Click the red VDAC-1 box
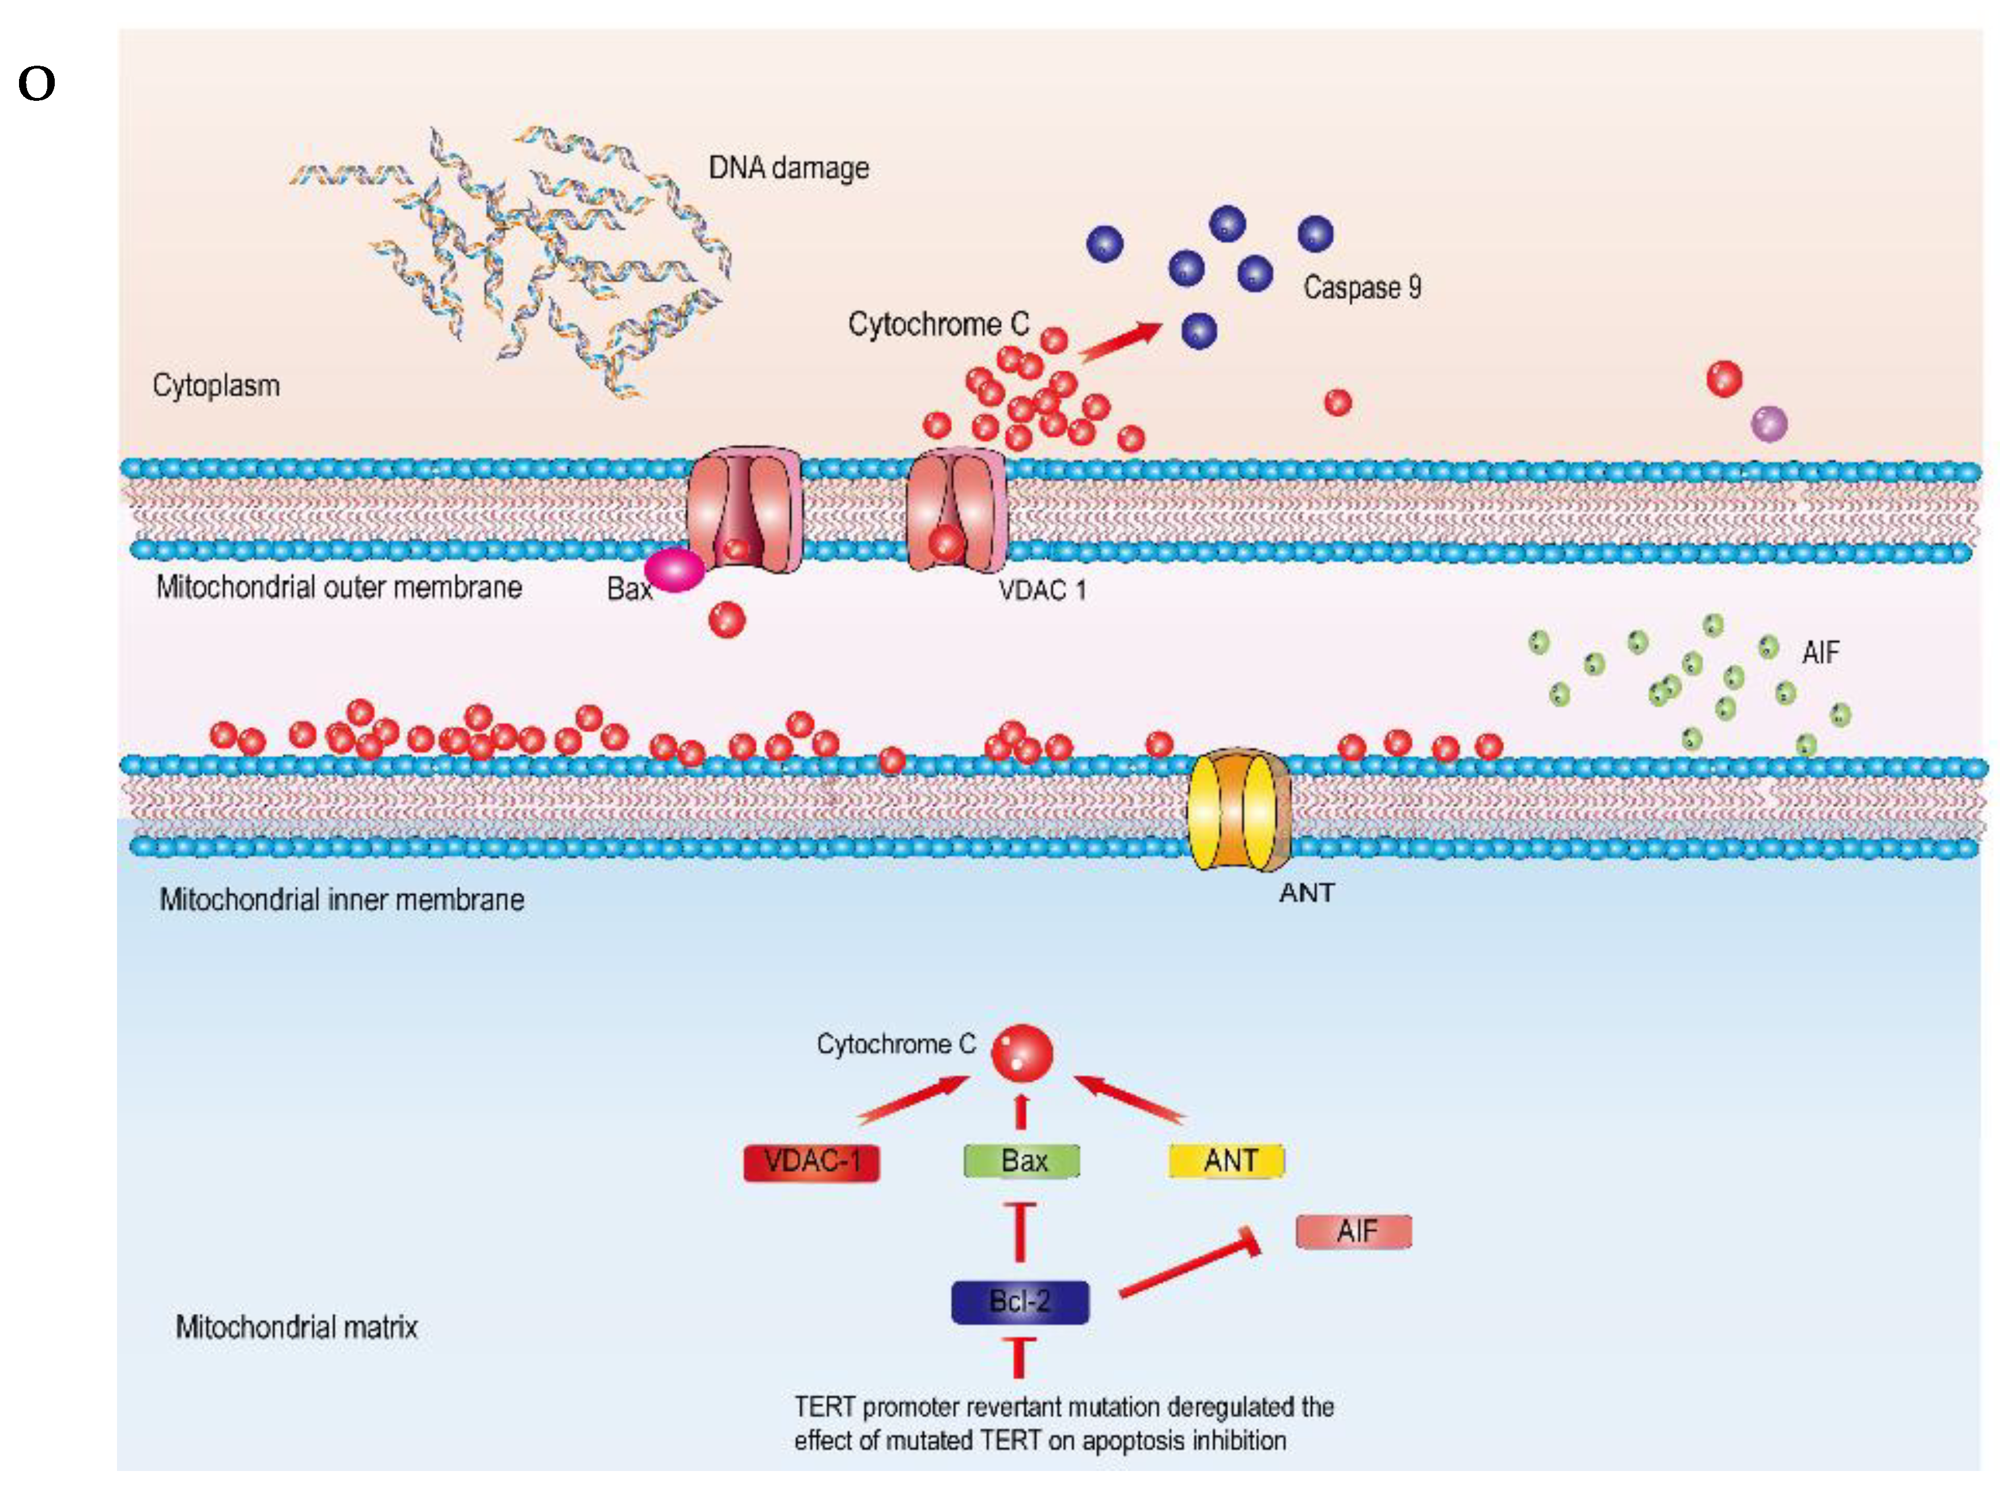tap(810, 1162)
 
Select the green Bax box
tap(1021, 1161)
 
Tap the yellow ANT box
tap(1226, 1161)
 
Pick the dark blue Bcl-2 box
tap(1020, 1302)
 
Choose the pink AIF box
tap(1353, 1232)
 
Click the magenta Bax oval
tap(674, 570)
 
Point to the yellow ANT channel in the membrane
tap(1237, 810)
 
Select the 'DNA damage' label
tap(788, 168)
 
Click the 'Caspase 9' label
tap(1362, 288)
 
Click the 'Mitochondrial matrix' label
tap(297, 1327)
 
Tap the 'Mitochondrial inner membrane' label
tap(342, 899)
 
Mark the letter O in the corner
tap(37, 85)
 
